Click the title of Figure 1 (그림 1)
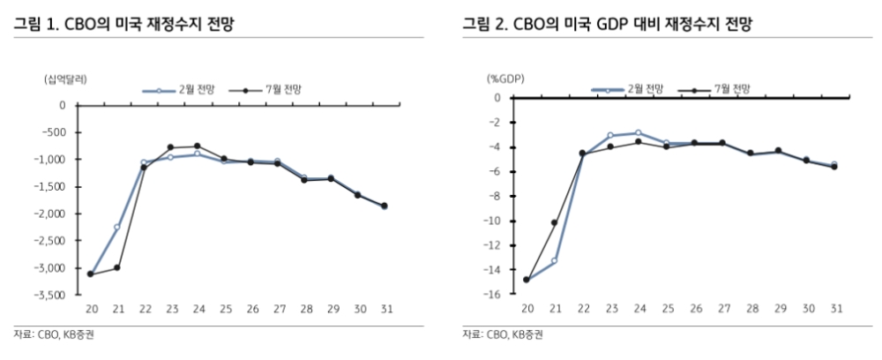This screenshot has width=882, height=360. pyautogui.click(x=127, y=24)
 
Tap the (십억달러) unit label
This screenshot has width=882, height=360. pyautogui.click(x=67, y=79)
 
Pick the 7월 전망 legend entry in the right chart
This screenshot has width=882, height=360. pyautogui.click(x=720, y=89)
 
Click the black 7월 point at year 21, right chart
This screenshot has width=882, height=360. pyautogui.click(x=554, y=222)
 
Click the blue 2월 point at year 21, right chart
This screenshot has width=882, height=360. pyautogui.click(x=554, y=261)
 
